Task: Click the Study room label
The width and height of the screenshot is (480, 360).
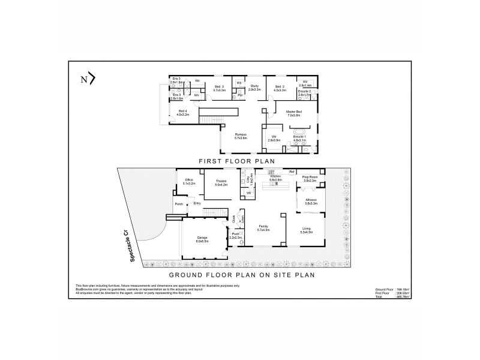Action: pos(254,88)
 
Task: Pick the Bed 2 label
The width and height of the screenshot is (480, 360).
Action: pos(280,88)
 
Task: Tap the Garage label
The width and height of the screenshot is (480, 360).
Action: pos(202,239)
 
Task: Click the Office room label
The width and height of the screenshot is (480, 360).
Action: pos(189,181)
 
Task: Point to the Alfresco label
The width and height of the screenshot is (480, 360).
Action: pos(311,202)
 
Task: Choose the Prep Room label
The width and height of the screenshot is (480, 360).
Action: pos(310,178)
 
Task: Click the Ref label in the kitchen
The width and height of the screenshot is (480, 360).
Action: pos(292,172)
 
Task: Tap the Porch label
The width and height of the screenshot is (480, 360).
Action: pos(178,205)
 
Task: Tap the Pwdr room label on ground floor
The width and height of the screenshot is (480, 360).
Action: pos(235,236)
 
